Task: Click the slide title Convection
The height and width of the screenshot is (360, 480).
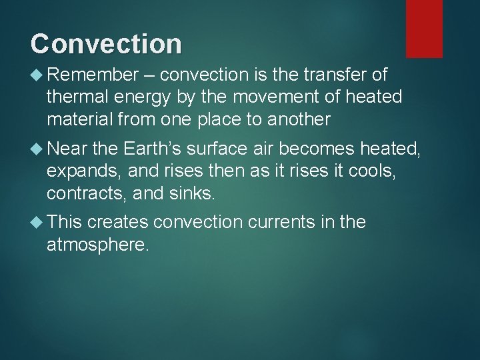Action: pos(106,43)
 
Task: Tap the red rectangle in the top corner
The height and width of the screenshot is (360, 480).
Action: pos(425,28)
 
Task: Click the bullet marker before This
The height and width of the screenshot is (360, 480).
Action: pos(37,222)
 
